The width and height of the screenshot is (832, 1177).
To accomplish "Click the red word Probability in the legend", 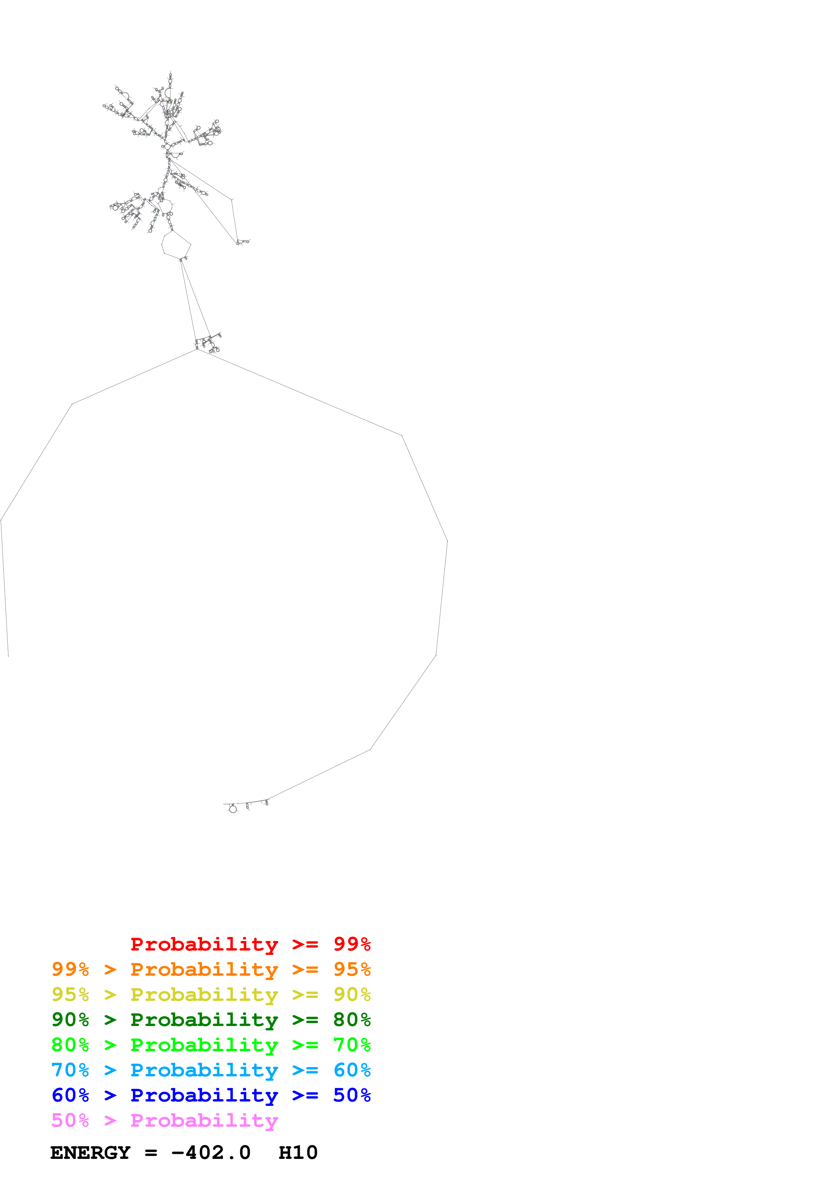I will coord(204,944).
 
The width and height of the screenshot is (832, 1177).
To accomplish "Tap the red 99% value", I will coord(352,944).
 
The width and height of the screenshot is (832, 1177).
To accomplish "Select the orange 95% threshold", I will coord(352,969).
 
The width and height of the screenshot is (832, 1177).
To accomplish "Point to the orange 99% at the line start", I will coord(70,969).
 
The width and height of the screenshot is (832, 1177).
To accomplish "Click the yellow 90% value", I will coord(352,994).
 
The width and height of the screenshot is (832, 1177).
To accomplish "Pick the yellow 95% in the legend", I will coord(70,994).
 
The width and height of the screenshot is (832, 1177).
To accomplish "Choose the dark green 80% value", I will coord(352,1020).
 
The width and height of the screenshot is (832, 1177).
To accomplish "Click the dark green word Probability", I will coord(204,1020).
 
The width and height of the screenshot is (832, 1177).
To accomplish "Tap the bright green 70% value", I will coord(352,1045).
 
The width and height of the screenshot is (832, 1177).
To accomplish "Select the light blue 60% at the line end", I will coord(352,1070).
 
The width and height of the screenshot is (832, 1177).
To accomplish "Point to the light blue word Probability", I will coord(204,1070).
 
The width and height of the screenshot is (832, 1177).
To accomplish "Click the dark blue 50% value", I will coord(352,1095).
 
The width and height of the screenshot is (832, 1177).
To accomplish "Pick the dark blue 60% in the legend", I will coord(70,1095).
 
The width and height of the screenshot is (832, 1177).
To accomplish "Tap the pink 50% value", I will coord(70,1120).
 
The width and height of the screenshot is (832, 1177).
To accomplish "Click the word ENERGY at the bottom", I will coord(90,1153).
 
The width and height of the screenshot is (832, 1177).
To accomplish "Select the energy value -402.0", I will coord(211,1153).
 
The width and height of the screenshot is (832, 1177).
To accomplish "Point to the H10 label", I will coord(298,1153).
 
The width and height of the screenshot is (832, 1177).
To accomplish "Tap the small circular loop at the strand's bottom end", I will coord(233,809).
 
